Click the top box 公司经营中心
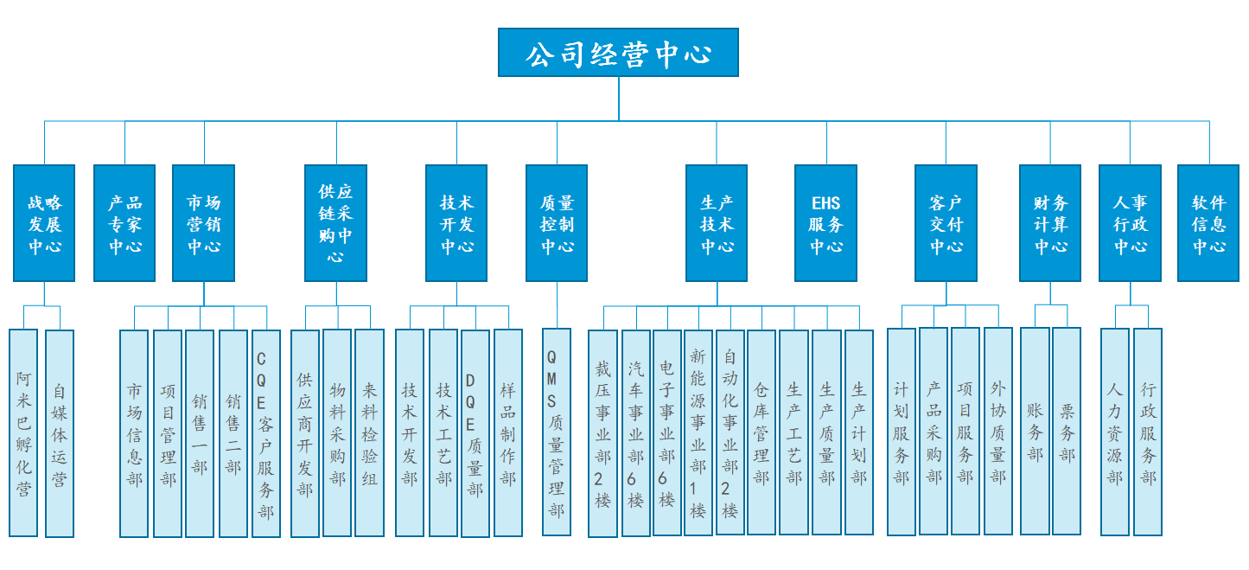[618, 53]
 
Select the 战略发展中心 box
[45, 223]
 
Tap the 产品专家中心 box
[124, 223]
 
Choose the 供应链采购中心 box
[336, 223]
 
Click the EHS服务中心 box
[825, 223]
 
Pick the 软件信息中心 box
[1208, 223]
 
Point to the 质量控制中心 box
[557, 223]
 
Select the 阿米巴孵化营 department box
[23, 432]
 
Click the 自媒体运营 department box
[60, 432]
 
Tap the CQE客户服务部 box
[265, 432]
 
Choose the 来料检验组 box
[369, 432]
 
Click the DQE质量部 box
[475, 432]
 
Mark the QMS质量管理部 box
[557, 432]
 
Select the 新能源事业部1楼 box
[698, 432]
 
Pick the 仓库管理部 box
[762, 432]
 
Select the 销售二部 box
[233, 432]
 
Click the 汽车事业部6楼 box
[635, 432]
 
